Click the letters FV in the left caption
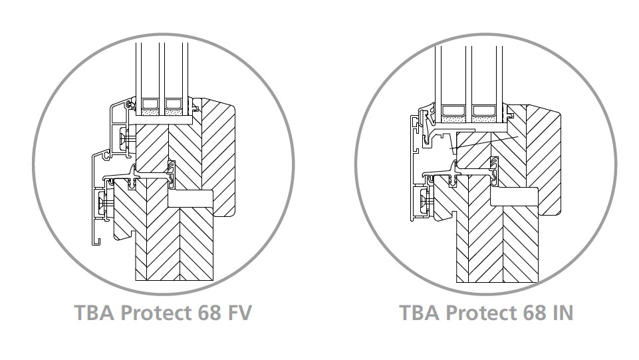pos(239,313)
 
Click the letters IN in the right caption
pos(563,313)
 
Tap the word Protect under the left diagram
pos(156,313)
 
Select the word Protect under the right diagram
pos(481,313)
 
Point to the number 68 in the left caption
pos(209,313)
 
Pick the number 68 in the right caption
pos(535,313)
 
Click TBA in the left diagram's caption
pos(95,313)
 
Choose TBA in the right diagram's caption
pos(420,313)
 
